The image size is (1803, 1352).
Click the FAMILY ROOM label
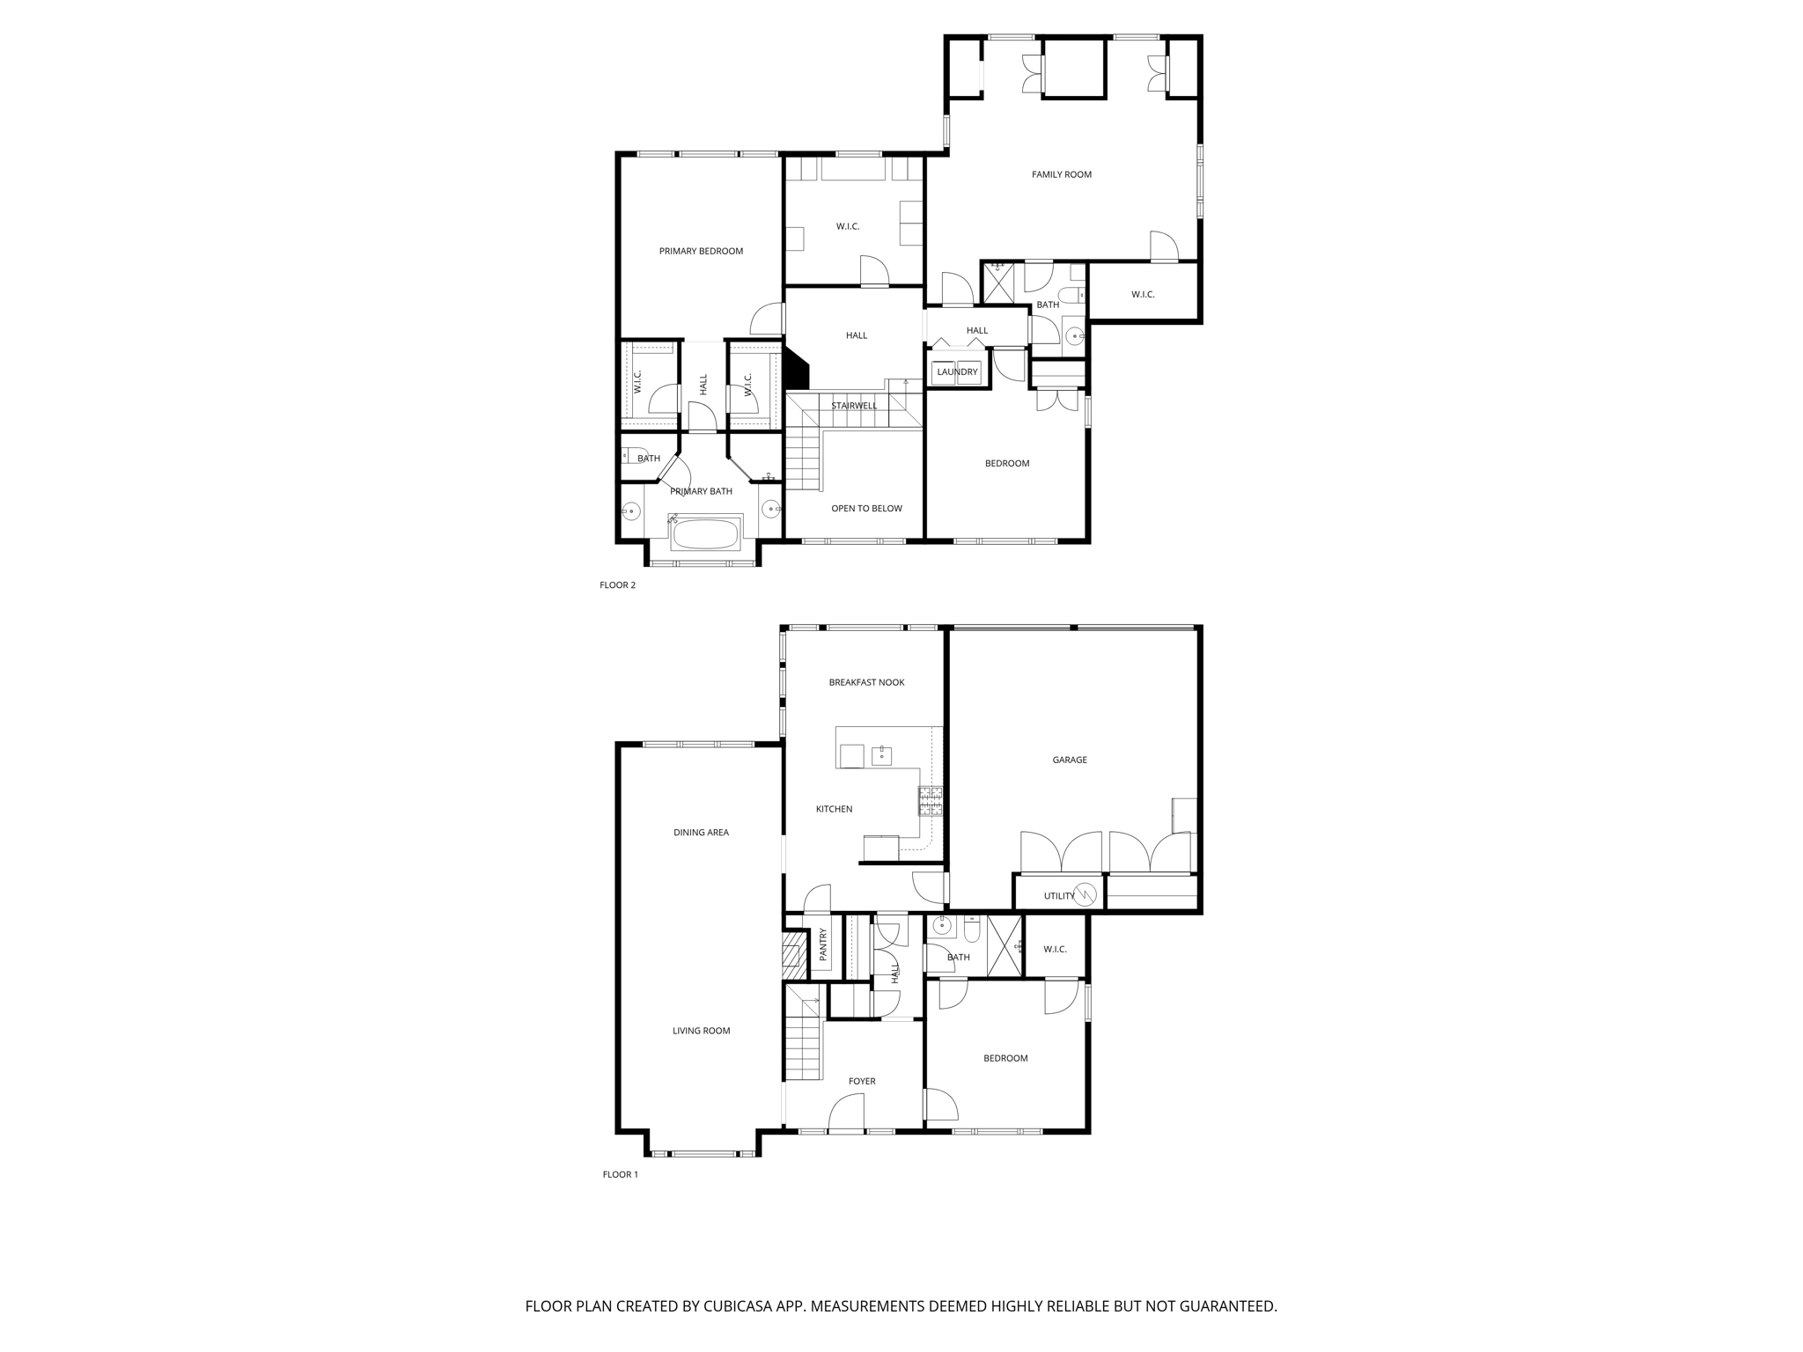pos(1061,174)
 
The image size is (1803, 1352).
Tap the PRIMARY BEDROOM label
pos(701,251)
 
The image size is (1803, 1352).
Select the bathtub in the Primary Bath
pos(705,533)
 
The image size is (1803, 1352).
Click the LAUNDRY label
pos(957,372)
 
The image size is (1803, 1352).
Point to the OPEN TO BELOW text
pos(866,508)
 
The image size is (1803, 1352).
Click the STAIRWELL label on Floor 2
pos(854,406)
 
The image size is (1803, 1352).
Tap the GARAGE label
pos(1070,760)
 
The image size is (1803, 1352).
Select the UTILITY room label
pos(1059,896)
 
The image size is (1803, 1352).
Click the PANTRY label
pos(823,944)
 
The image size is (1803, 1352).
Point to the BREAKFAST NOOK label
pos(866,682)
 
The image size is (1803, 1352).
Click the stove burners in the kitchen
pos(931,801)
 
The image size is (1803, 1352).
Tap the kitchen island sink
pos(881,755)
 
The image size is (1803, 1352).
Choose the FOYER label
pos(862,1081)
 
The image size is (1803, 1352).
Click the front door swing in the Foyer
pos(845,1111)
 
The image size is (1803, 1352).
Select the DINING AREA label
pos(701,832)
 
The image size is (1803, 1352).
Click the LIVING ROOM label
pos(701,1031)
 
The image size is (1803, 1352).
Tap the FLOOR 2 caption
pos(617,585)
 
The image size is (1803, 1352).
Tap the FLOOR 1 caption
pos(620,1174)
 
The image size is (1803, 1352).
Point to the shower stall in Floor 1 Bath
pos(1005,946)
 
